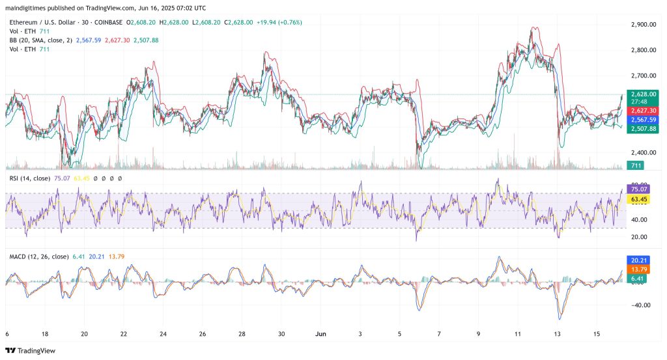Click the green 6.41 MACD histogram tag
pos(635,279)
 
